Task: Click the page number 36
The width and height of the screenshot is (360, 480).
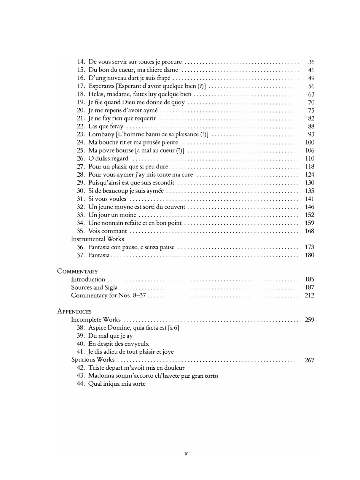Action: (311, 62)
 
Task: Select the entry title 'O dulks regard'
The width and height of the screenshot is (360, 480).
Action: (108, 158)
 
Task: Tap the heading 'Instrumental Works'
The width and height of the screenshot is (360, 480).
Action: (98, 239)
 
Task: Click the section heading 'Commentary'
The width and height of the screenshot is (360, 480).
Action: (77, 271)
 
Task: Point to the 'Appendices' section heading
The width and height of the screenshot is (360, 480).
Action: (74, 311)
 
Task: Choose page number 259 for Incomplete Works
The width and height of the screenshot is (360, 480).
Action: (309, 320)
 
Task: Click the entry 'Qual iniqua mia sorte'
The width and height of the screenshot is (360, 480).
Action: (117, 384)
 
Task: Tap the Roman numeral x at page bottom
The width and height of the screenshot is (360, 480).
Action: (186, 453)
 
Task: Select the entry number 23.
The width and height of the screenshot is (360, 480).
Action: (81, 134)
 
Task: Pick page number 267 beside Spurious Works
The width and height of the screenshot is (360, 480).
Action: (309, 360)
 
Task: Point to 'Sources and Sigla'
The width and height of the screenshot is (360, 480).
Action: (94, 287)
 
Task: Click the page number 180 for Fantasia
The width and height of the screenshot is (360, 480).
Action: (309, 255)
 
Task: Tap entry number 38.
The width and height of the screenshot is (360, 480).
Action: (81, 328)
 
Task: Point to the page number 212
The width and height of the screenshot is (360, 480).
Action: (309, 295)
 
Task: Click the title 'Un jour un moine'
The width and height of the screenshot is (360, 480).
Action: (112, 215)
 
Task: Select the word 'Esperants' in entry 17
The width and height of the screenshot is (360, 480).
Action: (101, 86)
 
